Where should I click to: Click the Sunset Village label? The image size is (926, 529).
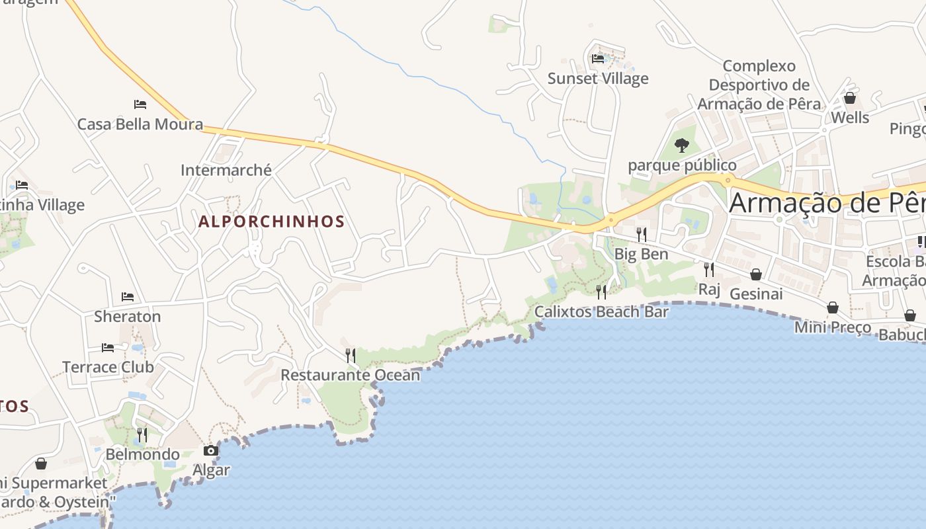(598, 79)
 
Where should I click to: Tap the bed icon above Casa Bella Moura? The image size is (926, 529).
(140, 104)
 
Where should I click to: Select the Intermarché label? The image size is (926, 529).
(226, 170)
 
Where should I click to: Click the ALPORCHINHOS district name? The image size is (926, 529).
(272, 222)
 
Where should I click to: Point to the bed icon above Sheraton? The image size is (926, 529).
(128, 297)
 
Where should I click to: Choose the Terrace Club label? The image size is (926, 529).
(108, 367)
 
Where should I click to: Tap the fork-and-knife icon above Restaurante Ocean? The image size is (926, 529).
(351, 356)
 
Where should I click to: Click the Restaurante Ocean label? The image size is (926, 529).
(351, 375)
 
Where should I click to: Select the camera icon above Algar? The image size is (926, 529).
(211, 451)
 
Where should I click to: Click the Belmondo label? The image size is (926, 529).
(143, 454)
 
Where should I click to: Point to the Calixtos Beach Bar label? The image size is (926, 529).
(601, 311)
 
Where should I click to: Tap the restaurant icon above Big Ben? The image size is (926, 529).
(641, 234)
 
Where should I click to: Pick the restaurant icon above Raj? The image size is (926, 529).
(709, 270)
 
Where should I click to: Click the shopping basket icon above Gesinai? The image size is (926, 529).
(756, 274)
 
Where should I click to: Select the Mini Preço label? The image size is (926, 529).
(833, 327)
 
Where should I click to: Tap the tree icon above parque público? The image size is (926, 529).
(682, 145)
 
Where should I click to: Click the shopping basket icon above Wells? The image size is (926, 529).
(850, 99)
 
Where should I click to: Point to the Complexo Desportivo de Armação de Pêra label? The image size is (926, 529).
(759, 85)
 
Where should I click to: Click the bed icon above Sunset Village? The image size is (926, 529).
(598, 59)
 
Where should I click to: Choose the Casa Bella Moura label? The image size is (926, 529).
(140, 124)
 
